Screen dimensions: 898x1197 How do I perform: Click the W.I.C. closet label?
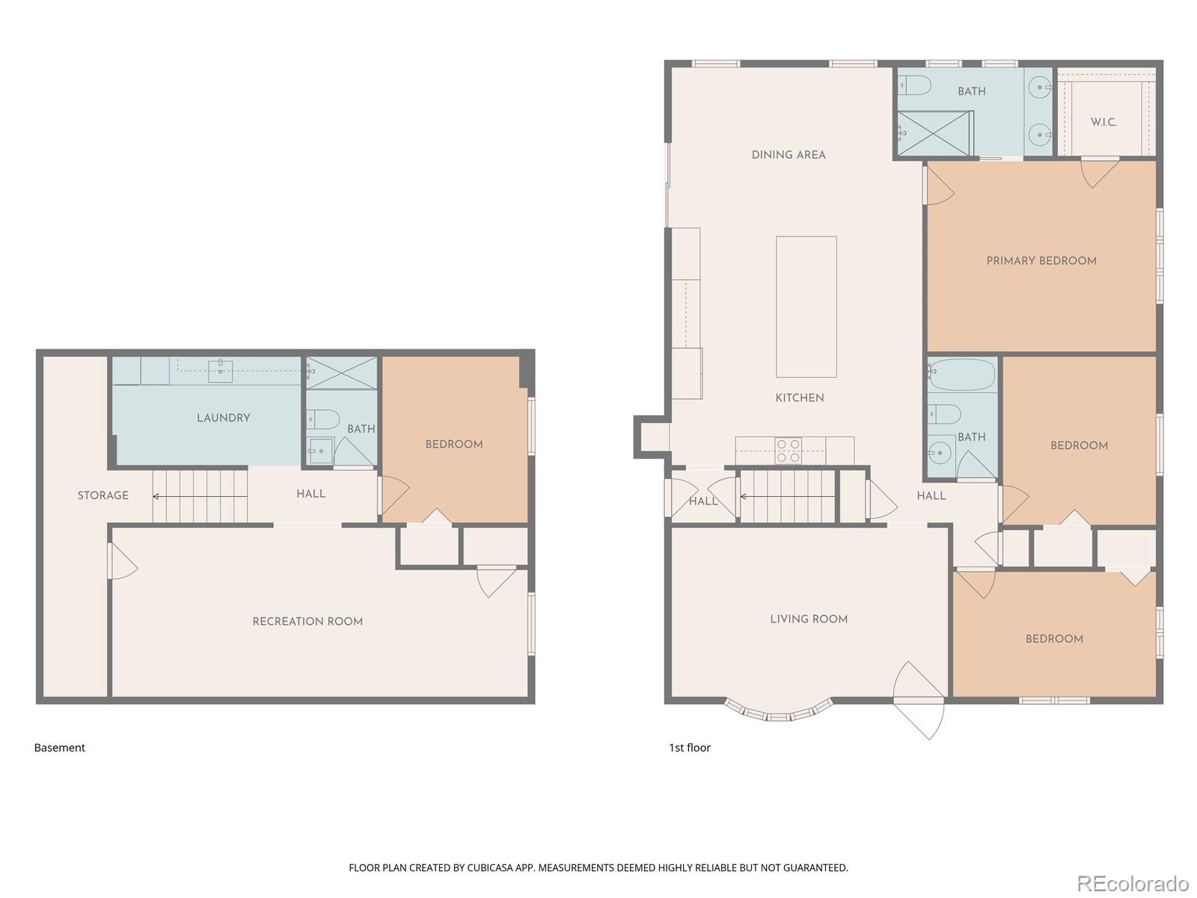[x=1103, y=122]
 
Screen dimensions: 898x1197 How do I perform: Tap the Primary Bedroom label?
[x=1041, y=261]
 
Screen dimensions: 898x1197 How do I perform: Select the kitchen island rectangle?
[x=806, y=307]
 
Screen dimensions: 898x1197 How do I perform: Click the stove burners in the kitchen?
[x=788, y=451]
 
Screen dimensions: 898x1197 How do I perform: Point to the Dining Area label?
[x=789, y=155]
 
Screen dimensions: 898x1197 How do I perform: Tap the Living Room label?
[x=809, y=619]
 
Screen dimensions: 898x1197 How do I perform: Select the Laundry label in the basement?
[x=223, y=418]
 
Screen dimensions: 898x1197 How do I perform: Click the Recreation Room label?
[x=307, y=622]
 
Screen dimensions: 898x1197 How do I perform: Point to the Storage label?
[x=103, y=495]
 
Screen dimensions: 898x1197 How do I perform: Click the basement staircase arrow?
[x=156, y=496]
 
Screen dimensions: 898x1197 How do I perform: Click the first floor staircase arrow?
[x=744, y=496]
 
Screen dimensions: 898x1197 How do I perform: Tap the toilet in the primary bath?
[x=914, y=86]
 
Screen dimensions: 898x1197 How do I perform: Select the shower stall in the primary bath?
[x=934, y=134]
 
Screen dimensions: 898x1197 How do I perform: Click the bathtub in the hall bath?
[x=962, y=374]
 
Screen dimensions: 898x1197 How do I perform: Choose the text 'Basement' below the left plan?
[x=60, y=748]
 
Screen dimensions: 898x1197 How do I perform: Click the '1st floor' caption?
[x=689, y=748]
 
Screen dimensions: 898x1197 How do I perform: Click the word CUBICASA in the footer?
[x=491, y=868]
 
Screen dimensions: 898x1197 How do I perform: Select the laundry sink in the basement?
[x=220, y=370]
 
